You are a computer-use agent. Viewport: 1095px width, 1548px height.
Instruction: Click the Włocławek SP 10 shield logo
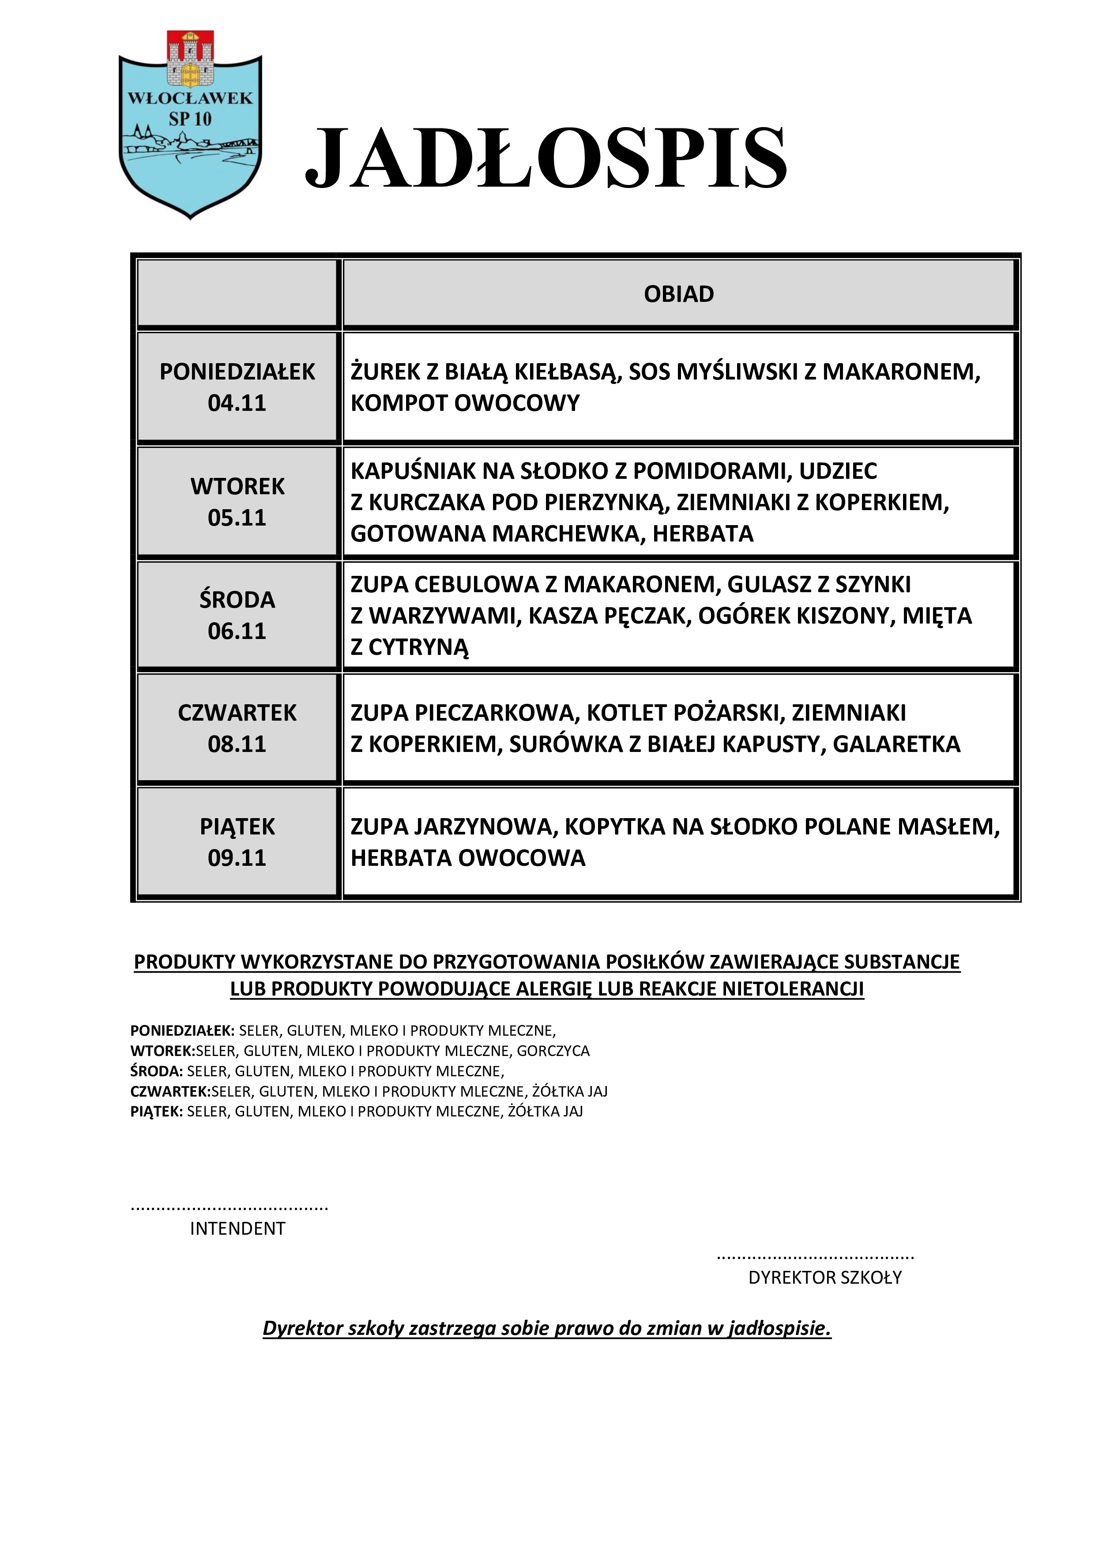[190, 125]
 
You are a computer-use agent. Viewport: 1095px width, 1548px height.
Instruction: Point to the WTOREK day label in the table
[237, 486]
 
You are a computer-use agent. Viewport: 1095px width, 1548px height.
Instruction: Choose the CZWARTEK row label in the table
[237, 713]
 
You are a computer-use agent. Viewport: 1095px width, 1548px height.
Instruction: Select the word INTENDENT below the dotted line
[237, 1229]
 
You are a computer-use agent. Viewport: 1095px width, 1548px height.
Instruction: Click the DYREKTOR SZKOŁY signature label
[824, 1277]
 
